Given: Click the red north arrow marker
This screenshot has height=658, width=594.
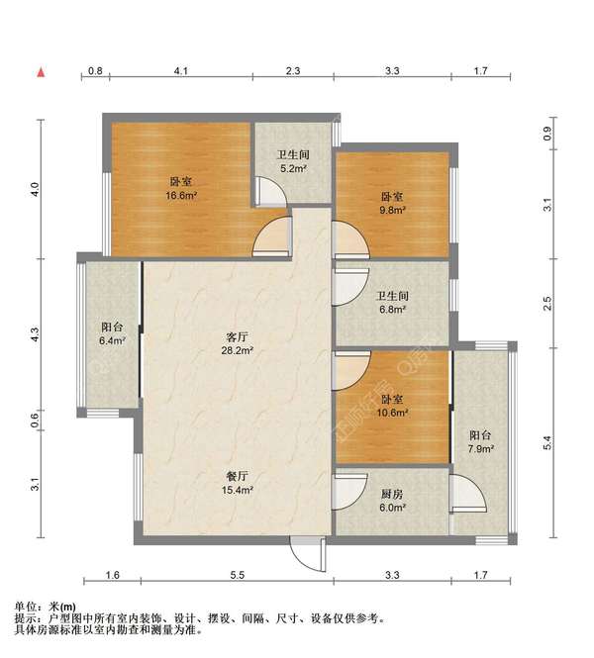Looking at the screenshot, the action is pyautogui.click(x=41, y=72).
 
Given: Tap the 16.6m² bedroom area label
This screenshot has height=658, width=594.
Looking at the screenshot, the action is pyautogui.click(x=181, y=188).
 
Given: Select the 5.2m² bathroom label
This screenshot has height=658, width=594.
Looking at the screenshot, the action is pyautogui.click(x=293, y=161).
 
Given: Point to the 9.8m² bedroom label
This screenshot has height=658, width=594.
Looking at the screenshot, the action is pyautogui.click(x=392, y=203).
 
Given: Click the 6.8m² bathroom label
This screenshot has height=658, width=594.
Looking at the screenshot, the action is pyautogui.click(x=392, y=303).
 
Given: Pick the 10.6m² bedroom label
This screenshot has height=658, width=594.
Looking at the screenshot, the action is pyautogui.click(x=392, y=407).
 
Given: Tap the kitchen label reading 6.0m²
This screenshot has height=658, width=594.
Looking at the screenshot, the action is pyautogui.click(x=392, y=501).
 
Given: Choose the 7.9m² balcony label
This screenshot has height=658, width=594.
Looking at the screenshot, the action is pyautogui.click(x=481, y=442).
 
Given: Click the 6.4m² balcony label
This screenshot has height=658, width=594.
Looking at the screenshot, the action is pyautogui.click(x=112, y=333).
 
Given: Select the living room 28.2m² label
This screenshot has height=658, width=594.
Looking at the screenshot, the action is pyautogui.click(x=238, y=343).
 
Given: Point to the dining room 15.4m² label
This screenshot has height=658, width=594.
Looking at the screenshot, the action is pyautogui.click(x=238, y=483).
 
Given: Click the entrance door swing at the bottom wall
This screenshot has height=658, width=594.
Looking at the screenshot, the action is pyautogui.click(x=308, y=553).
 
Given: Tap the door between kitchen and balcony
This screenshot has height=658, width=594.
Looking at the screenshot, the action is pyautogui.click(x=467, y=494).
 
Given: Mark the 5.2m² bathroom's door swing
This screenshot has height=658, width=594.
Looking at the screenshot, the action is pyautogui.click(x=270, y=192).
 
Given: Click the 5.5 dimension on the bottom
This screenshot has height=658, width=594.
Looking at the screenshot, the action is pyautogui.click(x=238, y=575).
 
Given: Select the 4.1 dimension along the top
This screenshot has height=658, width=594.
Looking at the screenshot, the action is pyautogui.click(x=181, y=71).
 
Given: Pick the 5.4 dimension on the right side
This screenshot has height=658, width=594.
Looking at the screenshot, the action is pyautogui.click(x=547, y=442).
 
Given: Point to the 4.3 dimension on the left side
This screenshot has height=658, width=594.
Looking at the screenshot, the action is pyautogui.click(x=36, y=334).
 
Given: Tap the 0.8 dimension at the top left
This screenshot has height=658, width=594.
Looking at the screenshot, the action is pyautogui.click(x=95, y=71).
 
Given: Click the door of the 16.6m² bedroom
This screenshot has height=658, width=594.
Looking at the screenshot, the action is pyautogui.click(x=271, y=236).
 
